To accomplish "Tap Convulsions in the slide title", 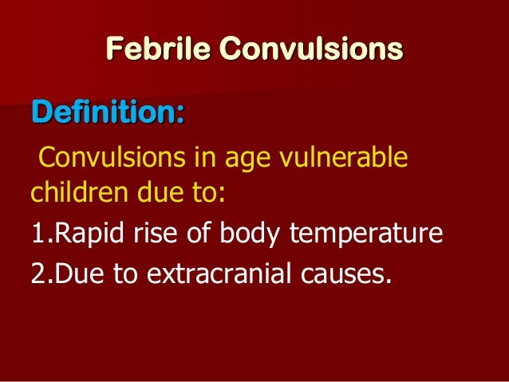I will tap(312, 49).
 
